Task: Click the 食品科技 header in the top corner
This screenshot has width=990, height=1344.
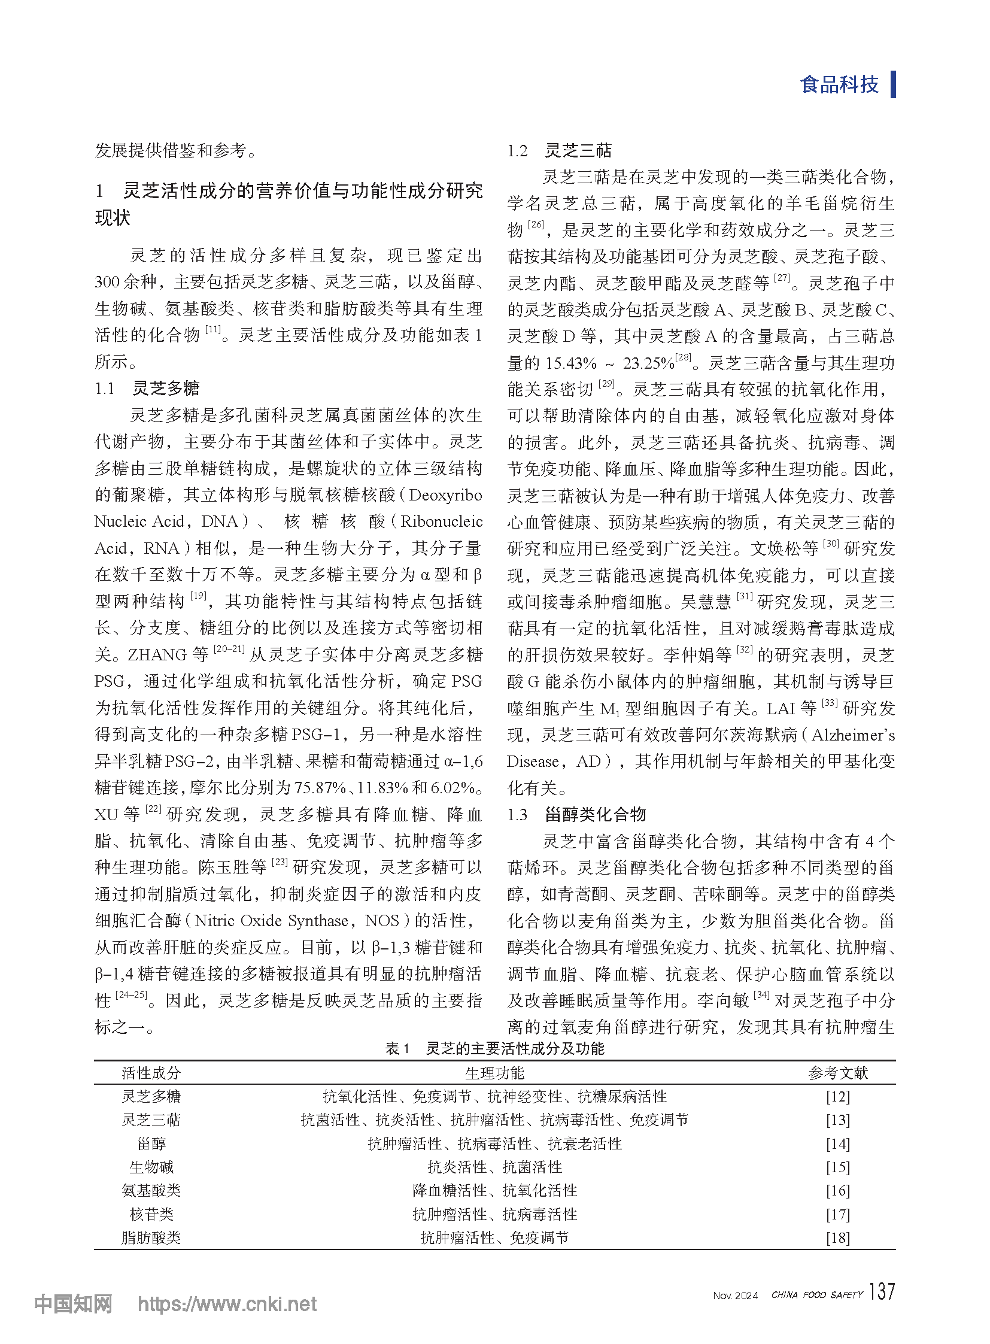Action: click(x=839, y=84)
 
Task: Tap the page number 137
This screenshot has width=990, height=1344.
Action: click(x=882, y=1291)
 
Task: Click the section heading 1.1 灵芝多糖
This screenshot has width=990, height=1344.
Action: click(x=147, y=389)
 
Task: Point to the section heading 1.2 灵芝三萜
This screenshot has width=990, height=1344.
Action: click(x=559, y=150)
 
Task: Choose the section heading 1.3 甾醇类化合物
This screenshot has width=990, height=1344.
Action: click(x=576, y=814)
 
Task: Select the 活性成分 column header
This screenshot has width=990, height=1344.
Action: click(x=151, y=1072)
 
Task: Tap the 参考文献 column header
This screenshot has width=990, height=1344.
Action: click(x=837, y=1072)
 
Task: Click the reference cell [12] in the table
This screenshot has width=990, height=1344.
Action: click(x=837, y=1096)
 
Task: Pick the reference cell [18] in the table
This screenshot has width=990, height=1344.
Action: click(x=837, y=1237)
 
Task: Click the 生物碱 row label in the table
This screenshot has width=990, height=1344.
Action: click(x=151, y=1167)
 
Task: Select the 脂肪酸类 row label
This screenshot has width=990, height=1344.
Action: click(x=151, y=1237)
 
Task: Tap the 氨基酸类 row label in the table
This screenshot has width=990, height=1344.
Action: click(x=151, y=1190)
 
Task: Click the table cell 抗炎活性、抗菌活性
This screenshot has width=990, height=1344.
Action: click(x=494, y=1167)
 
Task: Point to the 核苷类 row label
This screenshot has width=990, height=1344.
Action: click(x=151, y=1214)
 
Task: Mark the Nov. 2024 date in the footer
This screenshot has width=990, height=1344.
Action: click(x=735, y=1296)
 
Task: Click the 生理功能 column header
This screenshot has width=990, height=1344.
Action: click(x=494, y=1072)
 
